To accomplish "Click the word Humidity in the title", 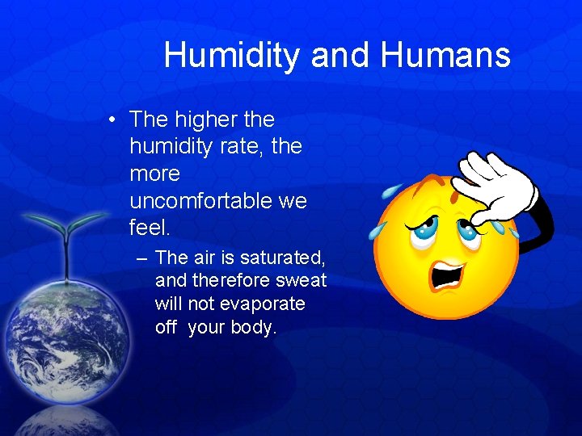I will pyautogui.click(x=232, y=56).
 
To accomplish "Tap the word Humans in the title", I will pyautogui.click(x=445, y=56).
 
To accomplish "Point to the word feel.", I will pyautogui.click(x=150, y=228).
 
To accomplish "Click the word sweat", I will pyautogui.click(x=301, y=281).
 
